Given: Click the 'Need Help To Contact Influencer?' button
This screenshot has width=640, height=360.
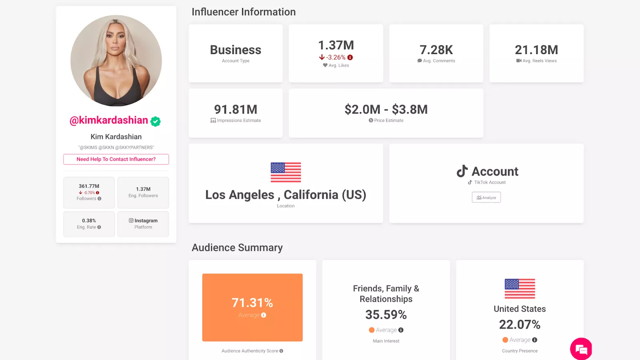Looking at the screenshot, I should point(116,159).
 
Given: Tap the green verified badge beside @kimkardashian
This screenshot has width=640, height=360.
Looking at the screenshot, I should point(156,121).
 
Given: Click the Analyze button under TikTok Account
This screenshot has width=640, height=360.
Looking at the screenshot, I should point(486,198).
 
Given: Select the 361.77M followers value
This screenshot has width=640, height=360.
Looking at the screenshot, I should point(89,186).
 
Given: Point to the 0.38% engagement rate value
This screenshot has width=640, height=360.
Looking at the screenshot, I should point(89,220).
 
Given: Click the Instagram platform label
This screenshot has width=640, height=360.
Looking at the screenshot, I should point(143,221).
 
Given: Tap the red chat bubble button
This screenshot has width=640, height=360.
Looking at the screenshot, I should point(581,349).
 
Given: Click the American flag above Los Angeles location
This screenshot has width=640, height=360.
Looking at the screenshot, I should point(286,172).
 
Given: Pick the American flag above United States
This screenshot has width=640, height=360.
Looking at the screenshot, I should point(520,288).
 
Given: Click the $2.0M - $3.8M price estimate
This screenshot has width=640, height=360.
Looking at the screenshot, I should point(386,109).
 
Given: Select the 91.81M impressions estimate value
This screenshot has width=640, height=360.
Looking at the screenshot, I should point(236,109).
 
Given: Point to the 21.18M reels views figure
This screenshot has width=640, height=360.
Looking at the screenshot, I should point(536,50).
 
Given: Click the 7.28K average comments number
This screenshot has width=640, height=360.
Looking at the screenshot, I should point(436,50).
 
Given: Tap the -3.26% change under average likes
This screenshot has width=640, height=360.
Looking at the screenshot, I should point(336,58).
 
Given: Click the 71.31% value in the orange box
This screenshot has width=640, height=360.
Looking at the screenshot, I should point(252,303).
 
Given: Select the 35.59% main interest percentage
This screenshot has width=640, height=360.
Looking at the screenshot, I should point(386,315).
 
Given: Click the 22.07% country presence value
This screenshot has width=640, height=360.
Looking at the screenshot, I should point(520,324).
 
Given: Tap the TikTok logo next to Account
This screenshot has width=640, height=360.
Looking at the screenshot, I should point(462,171).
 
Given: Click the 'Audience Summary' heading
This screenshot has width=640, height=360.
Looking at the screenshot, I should point(237,248).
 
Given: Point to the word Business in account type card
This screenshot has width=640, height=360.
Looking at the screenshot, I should point(236,50).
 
